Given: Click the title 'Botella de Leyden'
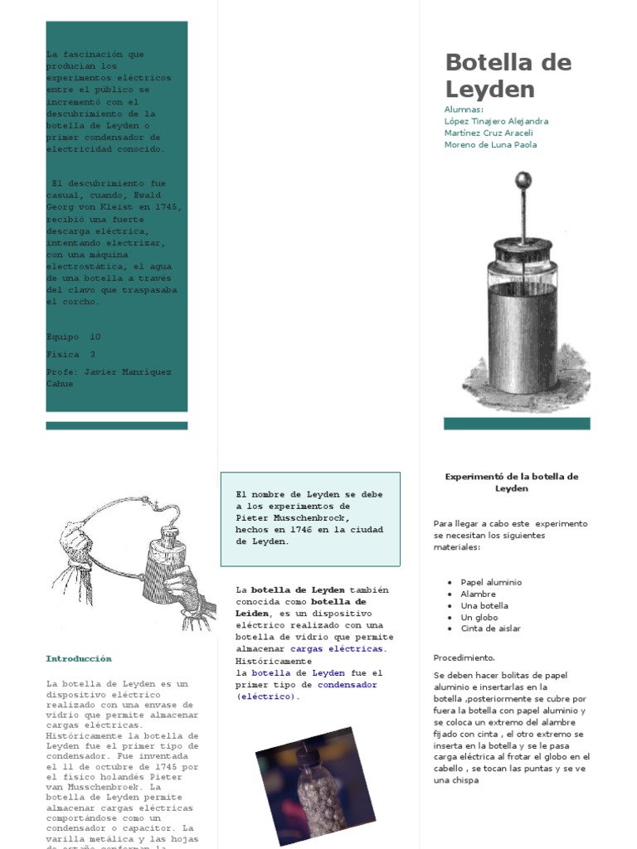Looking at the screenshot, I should coord(508,75).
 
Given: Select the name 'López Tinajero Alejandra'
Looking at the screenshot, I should coord(496,121).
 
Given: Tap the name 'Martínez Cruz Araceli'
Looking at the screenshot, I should coord(489,133).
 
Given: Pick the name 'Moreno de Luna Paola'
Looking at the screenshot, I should coord(490,144).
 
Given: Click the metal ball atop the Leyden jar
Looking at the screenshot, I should coord(523,180).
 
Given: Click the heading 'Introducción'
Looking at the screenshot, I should coord(78,658).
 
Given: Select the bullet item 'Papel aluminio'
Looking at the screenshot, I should coord(491,582).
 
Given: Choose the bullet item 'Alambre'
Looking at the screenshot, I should coord(478,594).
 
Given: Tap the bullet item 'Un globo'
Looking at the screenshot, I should coord(479,617).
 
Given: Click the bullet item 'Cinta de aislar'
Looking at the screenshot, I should coord(490,628).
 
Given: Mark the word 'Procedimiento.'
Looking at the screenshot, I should coord(464,657).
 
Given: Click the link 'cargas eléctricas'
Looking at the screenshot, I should coord(338,648).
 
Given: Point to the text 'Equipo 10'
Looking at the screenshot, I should coord(73,337).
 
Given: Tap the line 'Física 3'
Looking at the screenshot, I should coord(71,354).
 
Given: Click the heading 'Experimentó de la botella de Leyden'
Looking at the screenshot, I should coord(511,483).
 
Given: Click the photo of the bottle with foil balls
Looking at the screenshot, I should coord(315,785).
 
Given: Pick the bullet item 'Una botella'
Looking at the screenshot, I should coord(484,605).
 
